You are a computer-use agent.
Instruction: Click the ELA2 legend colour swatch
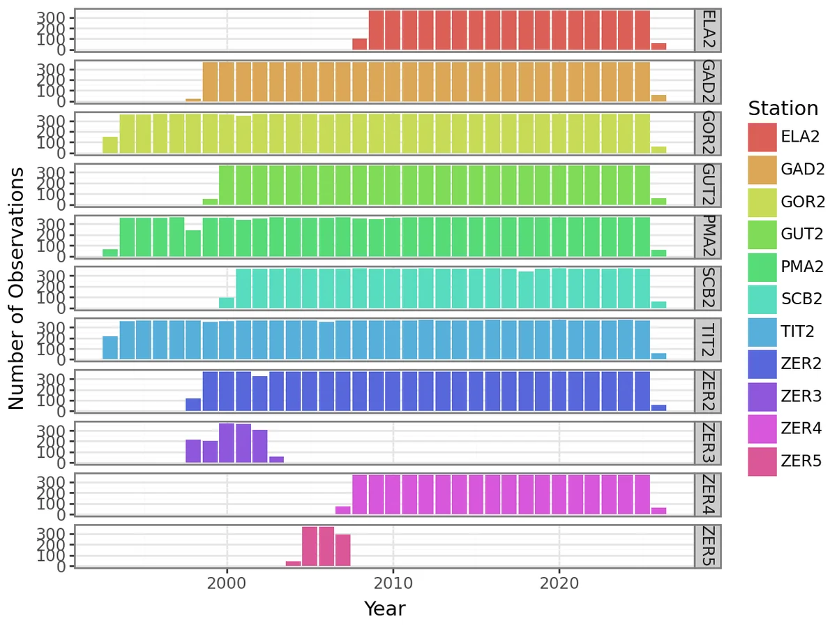762,137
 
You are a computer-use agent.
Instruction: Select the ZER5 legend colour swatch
762,461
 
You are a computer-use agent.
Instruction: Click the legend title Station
783,109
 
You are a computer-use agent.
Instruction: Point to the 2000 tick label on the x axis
227,583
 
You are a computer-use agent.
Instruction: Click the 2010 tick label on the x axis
393,583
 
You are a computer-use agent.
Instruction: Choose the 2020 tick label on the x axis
559,583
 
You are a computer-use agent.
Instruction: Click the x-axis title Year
384,609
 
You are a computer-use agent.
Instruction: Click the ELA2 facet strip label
708,30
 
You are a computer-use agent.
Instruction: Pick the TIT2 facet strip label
708,340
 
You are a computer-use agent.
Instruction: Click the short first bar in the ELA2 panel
360,45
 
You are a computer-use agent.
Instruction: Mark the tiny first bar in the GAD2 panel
193,100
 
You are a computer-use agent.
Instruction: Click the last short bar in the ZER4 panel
658,511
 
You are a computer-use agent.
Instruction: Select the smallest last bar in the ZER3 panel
276,460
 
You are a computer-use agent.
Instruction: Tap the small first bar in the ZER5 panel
293,563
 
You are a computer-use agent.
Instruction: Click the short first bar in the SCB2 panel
227,303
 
